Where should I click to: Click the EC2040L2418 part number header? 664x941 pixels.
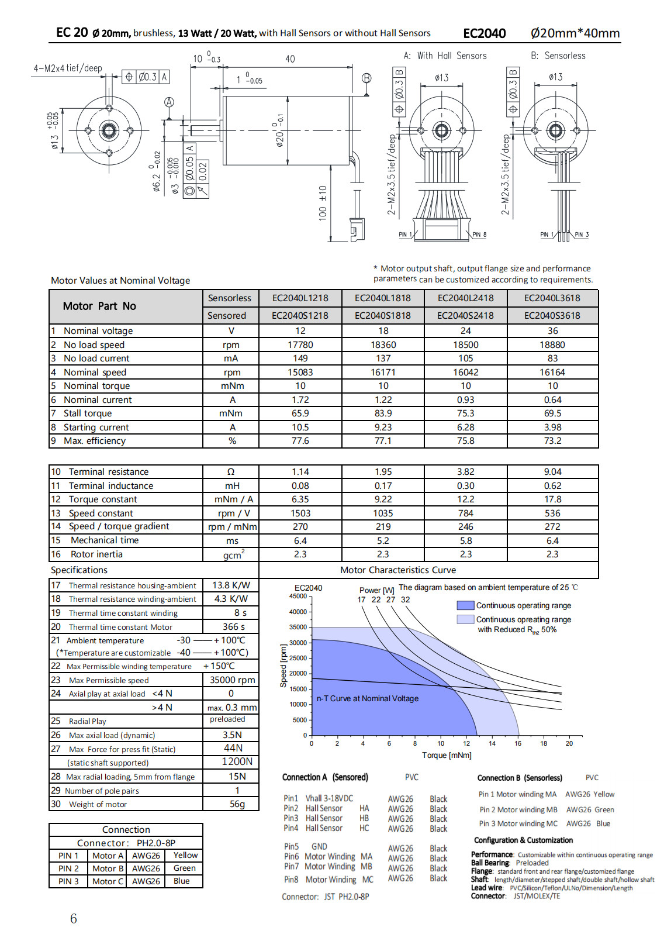(465, 298)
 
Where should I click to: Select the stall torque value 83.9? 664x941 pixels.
(383, 413)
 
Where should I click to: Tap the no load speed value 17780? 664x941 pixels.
(300, 345)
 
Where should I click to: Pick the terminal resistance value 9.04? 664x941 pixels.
(552, 472)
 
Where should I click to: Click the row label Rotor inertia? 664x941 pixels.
(96, 554)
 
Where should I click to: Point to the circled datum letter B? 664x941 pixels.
(366, 78)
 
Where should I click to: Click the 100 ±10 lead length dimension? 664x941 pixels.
(322, 203)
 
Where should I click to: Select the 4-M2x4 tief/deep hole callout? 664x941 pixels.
(68, 68)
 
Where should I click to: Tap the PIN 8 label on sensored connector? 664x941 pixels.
(479, 235)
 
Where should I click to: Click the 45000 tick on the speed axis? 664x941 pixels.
(298, 596)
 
